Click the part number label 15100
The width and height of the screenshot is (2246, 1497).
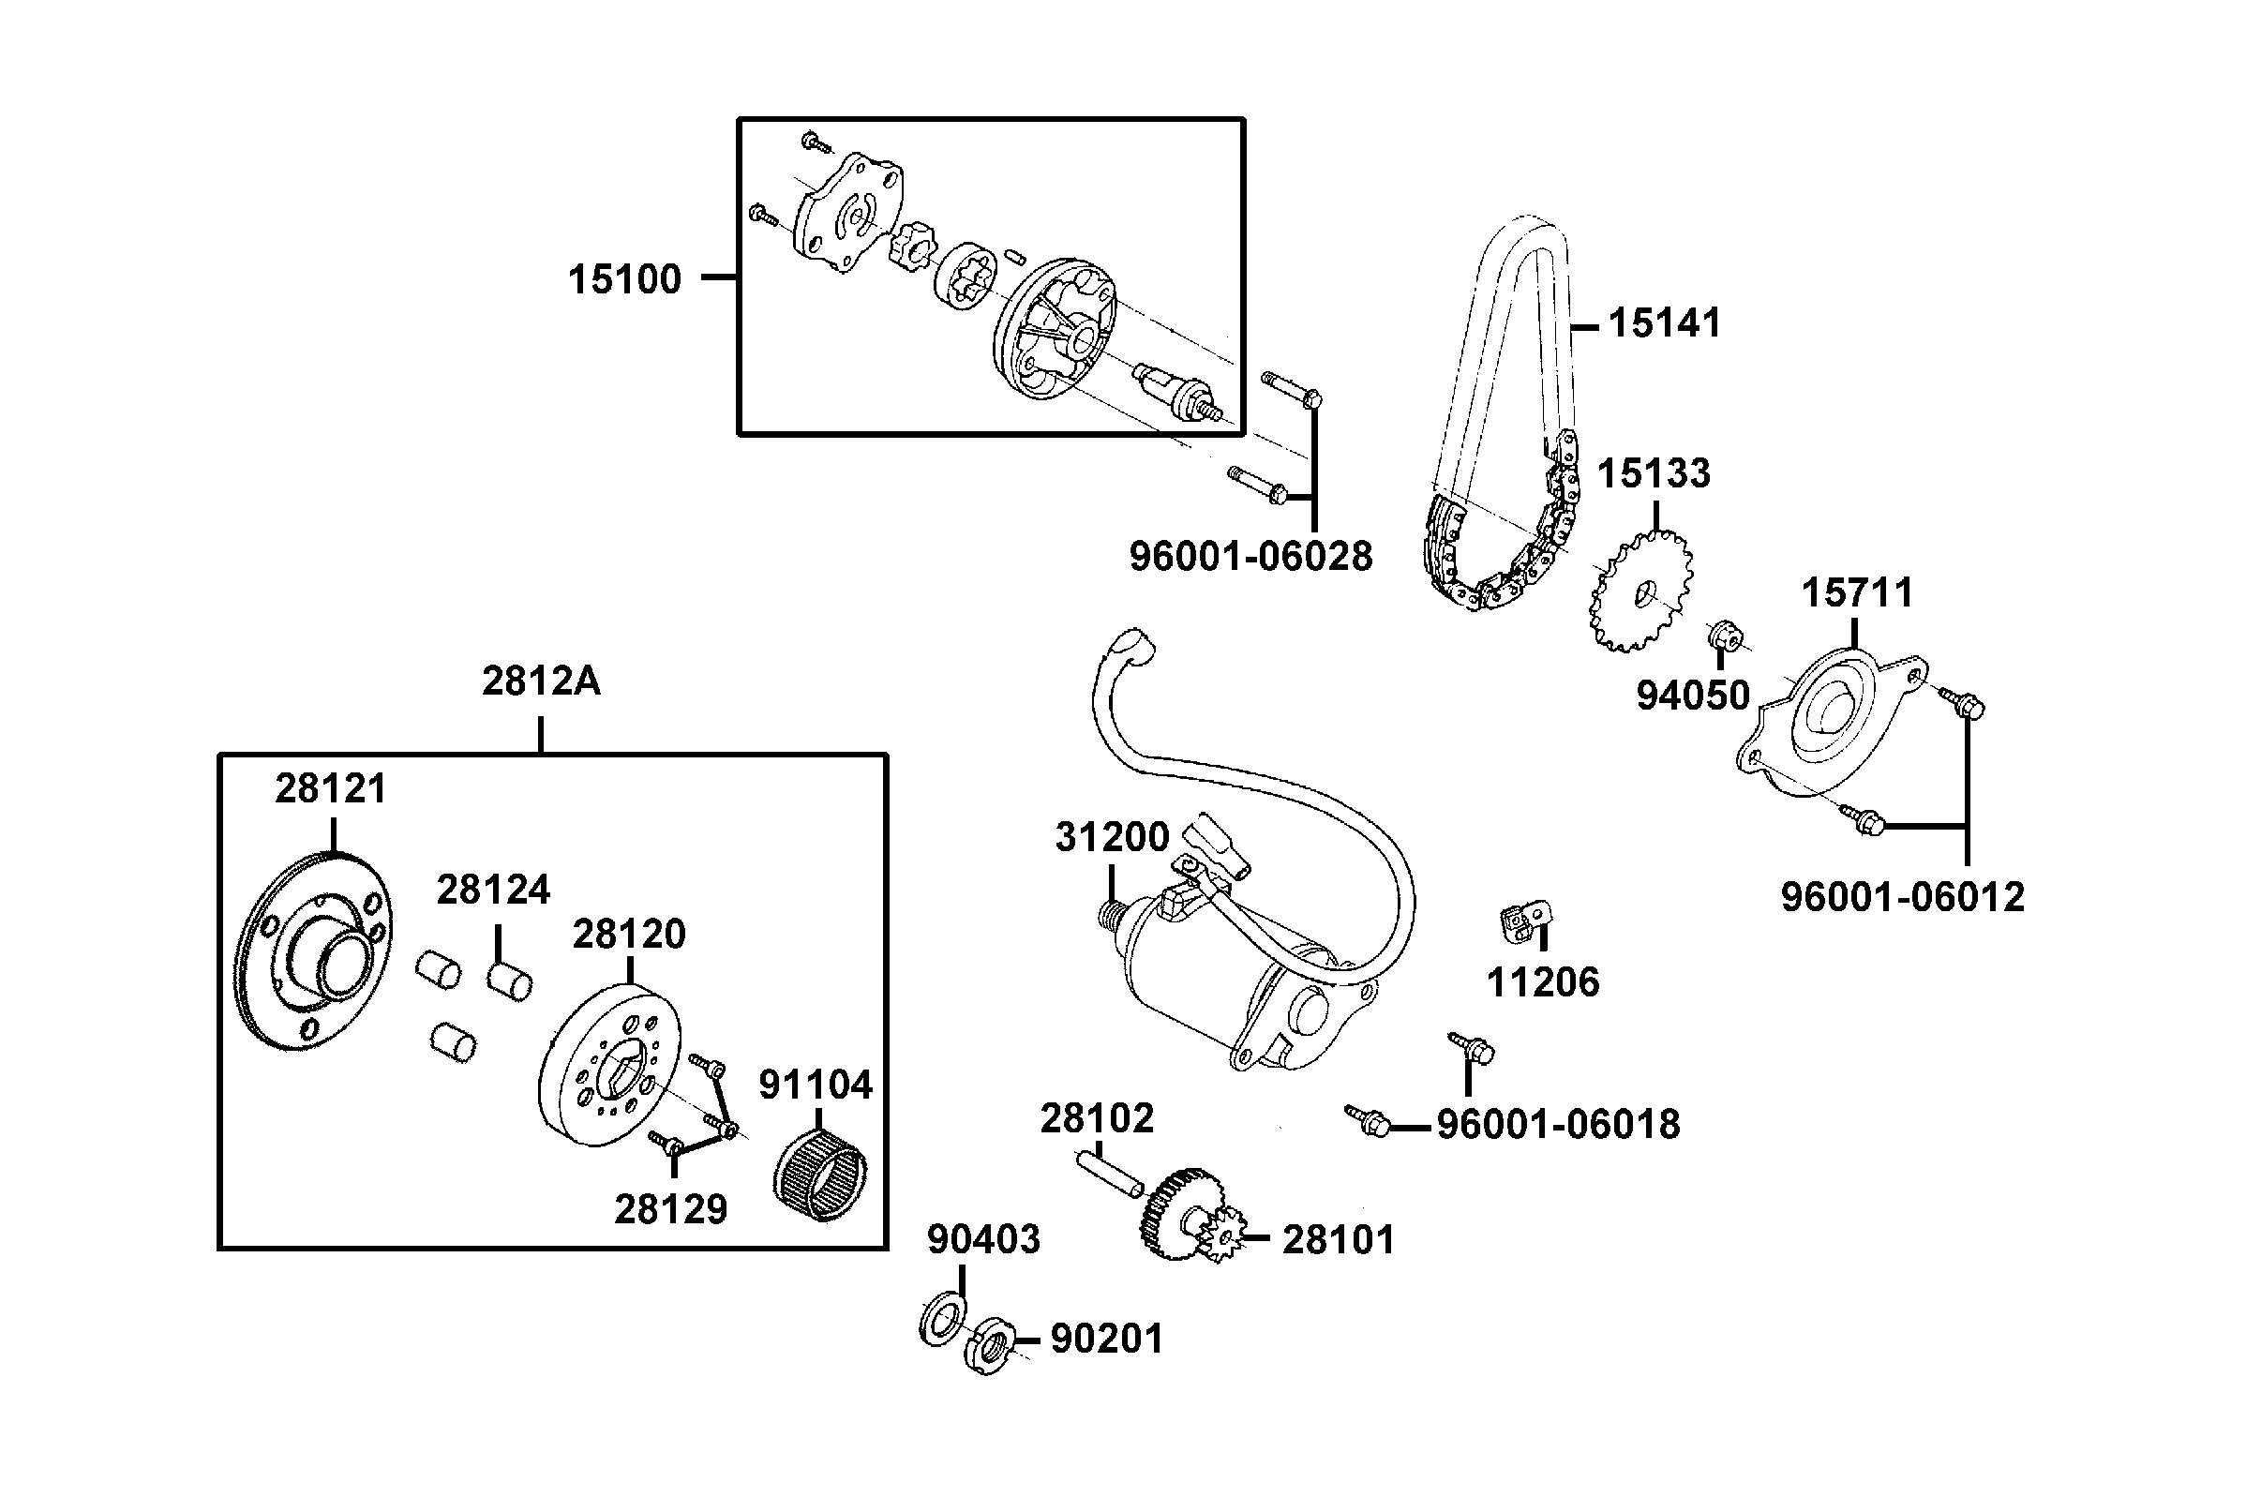[624, 279]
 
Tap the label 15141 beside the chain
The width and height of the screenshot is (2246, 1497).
[1665, 323]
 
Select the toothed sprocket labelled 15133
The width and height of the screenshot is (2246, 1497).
[1640, 592]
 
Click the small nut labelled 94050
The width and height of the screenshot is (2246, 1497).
[1723, 634]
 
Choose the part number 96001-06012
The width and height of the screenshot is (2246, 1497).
[1902, 897]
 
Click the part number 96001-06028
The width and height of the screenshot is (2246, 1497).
[1250, 556]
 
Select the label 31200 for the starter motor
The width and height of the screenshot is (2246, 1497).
[1112, 837]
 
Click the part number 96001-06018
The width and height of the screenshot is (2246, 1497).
[1558, 1125]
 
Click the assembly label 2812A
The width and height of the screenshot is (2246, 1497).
[541, 681]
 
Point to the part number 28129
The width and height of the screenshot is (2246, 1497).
[670, 1209]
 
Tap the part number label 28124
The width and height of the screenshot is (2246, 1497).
[493, 891]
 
